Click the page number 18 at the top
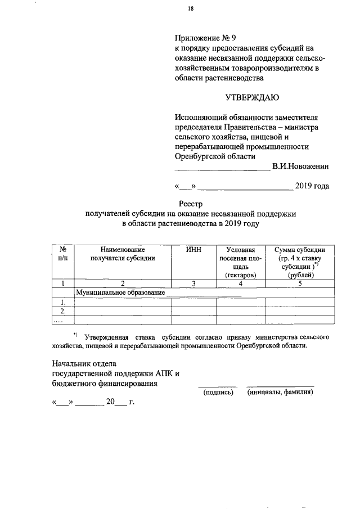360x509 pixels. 191,8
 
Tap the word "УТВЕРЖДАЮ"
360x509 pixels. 252,98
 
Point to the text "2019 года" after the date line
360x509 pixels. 312,186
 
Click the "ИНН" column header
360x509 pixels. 193,250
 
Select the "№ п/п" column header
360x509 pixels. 63,254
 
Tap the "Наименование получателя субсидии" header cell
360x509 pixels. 123,254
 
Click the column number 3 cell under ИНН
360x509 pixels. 193,283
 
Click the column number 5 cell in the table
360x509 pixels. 300,283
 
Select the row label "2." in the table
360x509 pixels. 63,311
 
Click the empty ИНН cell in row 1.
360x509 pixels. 193,302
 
